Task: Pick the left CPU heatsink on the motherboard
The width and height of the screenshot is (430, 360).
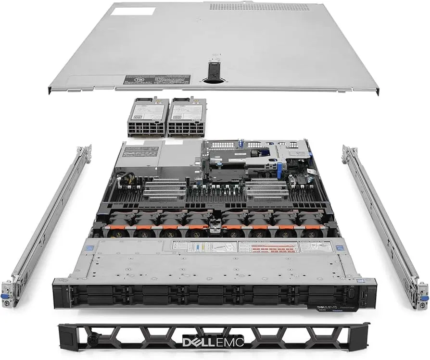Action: pos(164,190)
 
